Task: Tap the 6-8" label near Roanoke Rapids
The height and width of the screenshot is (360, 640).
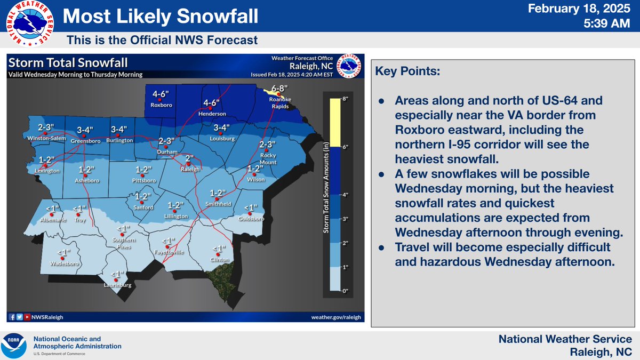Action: [x=279, y=88]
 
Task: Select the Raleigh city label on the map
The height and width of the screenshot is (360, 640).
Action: [x=191, y=169]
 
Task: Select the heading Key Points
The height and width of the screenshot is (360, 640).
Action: [x=408, y=71]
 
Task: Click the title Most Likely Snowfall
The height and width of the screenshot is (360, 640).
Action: [x=160, y=17]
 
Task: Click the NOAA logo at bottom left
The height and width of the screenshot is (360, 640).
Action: [x=15, y=346]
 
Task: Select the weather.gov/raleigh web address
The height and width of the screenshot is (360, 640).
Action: [x=336, y=317]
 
